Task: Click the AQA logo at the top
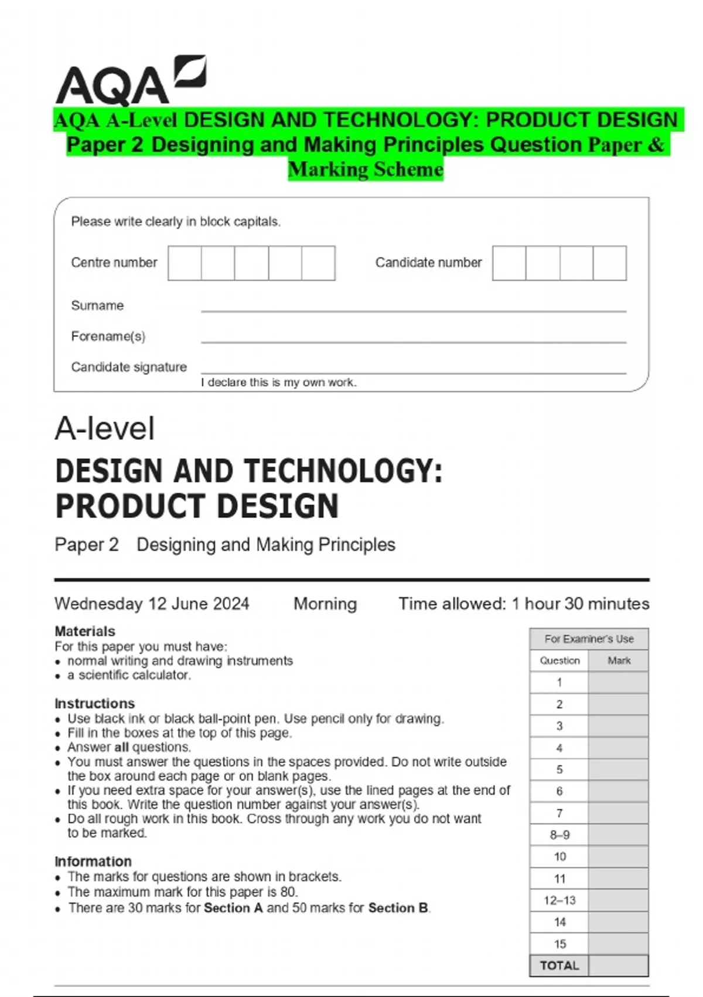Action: [130, 81]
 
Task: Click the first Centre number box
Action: [185, 263]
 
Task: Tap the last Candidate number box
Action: [610, 263]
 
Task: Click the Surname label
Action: [97, 306]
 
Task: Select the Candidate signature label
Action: [129, 367]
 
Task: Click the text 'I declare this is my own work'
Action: [279, 382]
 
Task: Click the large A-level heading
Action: [105, 429]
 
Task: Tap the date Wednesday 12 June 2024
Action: [152, 603]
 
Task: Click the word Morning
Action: [325, 603]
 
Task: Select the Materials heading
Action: [85, 631]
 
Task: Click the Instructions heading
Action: [94, 703]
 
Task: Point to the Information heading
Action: [93, 862]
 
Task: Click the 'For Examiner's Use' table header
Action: [589, 639]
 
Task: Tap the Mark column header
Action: [619, 660]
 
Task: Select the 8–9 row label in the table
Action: [559, 835]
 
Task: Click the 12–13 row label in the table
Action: [559, 900]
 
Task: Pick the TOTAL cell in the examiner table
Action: [559, 965]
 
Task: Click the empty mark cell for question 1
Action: [619, 682]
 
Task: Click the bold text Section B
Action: [398, 908]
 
